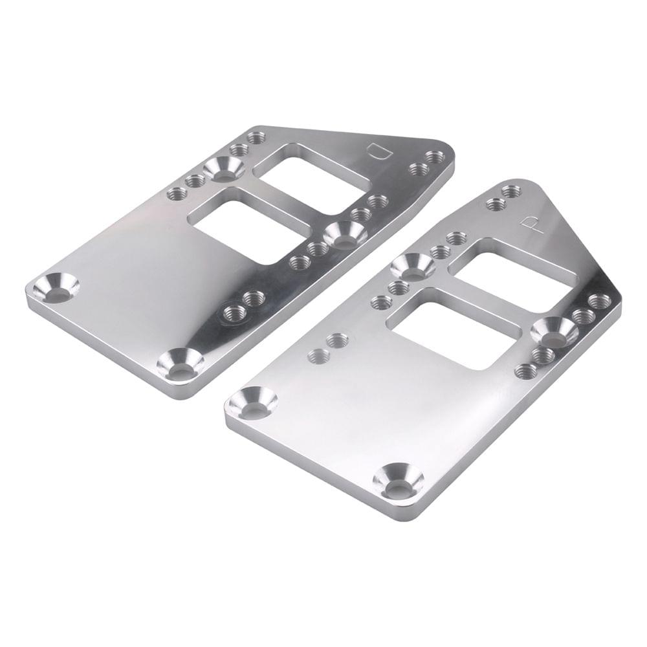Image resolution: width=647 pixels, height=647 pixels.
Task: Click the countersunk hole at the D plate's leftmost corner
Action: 56,289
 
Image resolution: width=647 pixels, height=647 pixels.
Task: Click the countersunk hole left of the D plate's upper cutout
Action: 224,170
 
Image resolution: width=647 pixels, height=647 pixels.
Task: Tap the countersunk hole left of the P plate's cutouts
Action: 413,266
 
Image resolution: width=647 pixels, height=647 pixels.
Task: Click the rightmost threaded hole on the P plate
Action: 600,301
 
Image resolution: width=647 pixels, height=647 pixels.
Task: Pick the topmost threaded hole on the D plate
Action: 256,137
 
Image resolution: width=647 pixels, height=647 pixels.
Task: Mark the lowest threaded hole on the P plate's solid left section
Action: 317,355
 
